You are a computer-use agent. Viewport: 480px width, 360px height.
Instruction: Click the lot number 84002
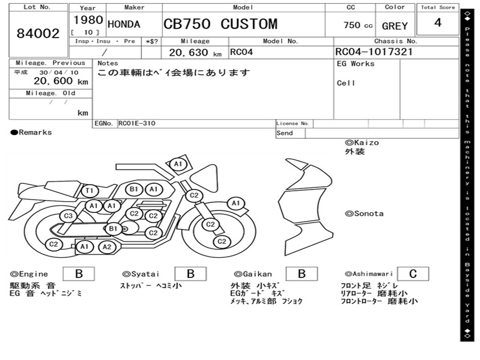coord(38,33)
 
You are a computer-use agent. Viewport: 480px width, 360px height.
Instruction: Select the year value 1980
coord(88,20)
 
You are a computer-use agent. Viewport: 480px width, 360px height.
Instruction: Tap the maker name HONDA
coord(124,24)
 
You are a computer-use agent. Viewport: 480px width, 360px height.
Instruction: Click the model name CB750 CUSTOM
coord(220,24)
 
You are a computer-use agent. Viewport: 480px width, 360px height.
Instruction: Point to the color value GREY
coord(395,26)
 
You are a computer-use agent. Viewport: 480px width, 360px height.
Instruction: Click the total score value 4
coord(438,22)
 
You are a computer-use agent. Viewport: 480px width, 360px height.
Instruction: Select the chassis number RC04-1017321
coord(374,52)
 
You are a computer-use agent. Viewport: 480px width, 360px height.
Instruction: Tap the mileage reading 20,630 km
coord(195,52)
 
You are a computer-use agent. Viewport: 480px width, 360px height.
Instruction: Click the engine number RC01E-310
coord(137,123)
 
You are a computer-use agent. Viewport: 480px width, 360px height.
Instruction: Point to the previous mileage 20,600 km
coord(61,81)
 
